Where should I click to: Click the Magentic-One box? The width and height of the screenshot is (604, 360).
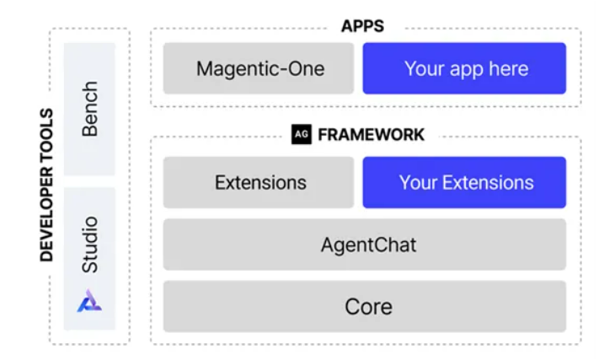(x=259, y=68)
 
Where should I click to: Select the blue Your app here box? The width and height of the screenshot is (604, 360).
(x=464, y=68)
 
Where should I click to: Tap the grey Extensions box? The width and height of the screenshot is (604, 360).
(x=259, y=182)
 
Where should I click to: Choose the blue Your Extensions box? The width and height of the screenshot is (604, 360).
(x=464, y=182)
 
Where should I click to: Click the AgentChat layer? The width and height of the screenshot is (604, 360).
(x=365, y=244)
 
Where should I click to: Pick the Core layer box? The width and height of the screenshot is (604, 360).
(x=365, y=306)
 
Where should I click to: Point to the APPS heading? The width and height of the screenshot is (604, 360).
(x=362, y=26)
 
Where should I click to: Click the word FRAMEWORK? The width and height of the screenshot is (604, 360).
(x=371, y=135)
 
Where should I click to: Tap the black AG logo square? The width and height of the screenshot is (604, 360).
(x=302, y=135)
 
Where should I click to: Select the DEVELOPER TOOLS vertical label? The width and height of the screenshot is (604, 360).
(x=46, y=185)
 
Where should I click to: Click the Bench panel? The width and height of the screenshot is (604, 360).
(x=89, y=109)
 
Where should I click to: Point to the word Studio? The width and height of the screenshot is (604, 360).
(x=90, y=244)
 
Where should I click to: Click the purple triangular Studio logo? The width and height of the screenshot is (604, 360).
(x=89, y=301)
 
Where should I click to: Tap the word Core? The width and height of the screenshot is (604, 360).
(x=369, y=307)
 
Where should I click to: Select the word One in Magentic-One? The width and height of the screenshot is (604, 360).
(x=307, y=68)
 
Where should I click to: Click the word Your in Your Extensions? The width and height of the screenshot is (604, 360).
(x=419, y=183)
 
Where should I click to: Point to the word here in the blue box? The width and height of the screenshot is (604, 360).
(x=509, y=68)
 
